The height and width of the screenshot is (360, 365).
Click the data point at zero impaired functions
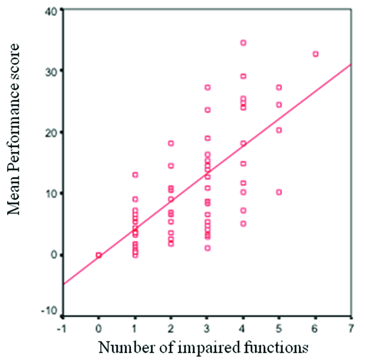point(99,255)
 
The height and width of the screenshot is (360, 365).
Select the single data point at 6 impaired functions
point(315,54)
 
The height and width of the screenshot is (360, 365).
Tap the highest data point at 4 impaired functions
point(243,43)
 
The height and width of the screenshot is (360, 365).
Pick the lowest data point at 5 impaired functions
point(279,192)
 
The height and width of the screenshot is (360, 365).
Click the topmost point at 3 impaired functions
point(208,87)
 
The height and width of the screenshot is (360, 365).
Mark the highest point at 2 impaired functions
point(171,143)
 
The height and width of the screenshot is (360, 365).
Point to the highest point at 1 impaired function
point(135,175)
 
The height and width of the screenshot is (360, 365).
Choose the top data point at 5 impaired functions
point(279,87)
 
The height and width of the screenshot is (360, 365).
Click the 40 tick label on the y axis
point(53,10)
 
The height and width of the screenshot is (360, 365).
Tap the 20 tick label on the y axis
point(53,132)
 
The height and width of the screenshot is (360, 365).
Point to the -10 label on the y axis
point(50,311)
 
